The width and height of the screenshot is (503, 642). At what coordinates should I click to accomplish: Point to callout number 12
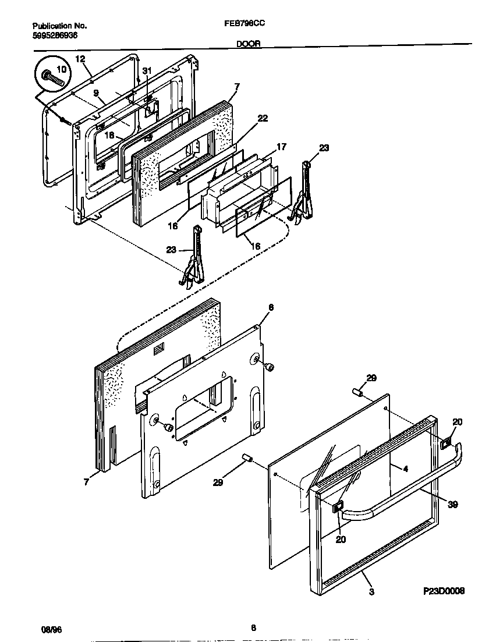80,59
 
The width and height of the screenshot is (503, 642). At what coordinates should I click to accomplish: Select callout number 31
147,70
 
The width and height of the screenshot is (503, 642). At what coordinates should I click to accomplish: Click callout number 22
263,118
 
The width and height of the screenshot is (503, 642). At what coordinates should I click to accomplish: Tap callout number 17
281,147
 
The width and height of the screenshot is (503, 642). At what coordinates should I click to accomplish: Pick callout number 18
108,135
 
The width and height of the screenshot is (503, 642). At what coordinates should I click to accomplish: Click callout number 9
95,92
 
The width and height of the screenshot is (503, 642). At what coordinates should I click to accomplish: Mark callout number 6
271,307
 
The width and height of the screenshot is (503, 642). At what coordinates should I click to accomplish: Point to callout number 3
371,592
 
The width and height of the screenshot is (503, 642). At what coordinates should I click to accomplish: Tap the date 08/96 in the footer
51,629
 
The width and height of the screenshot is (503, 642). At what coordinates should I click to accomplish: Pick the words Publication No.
59,26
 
